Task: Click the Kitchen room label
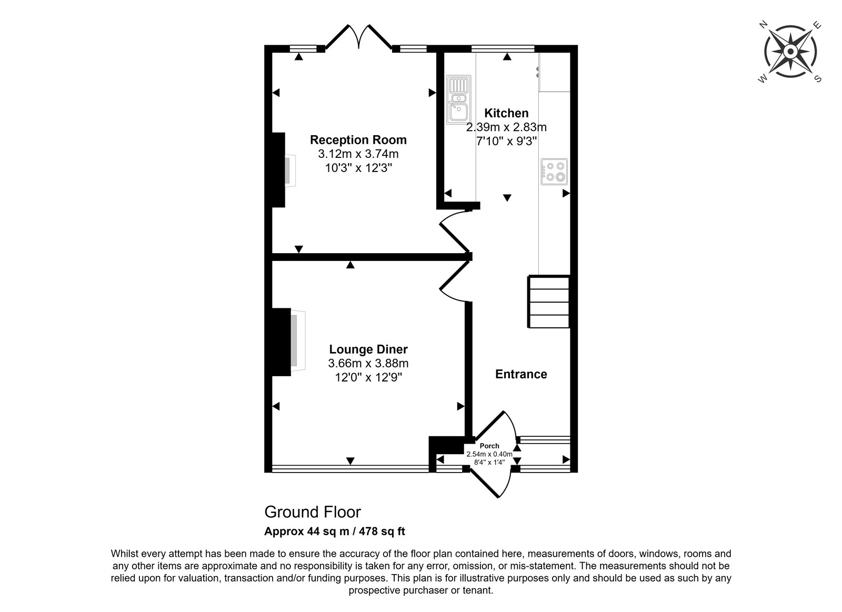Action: tap(506, 113)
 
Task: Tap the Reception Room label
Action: tap(358, 140)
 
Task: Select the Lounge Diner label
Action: tap(368, 349)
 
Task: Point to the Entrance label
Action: tap(521, 374)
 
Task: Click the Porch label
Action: tap(489, 446)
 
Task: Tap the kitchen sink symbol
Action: tap(458, 99)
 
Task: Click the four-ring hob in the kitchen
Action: tap(554, 172)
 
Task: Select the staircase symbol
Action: tap(549, 302)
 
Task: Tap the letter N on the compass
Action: tap(763, 25)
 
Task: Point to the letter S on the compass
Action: tap(818, 78)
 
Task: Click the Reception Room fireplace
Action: tap(283, 170)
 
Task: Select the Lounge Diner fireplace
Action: tap(287, 342)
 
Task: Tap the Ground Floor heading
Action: tap(313, 512)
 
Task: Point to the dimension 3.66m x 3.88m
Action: tap(368, 363)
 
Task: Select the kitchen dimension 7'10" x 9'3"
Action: tap(506, 142)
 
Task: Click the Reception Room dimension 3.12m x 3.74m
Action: tap(358, 154)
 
